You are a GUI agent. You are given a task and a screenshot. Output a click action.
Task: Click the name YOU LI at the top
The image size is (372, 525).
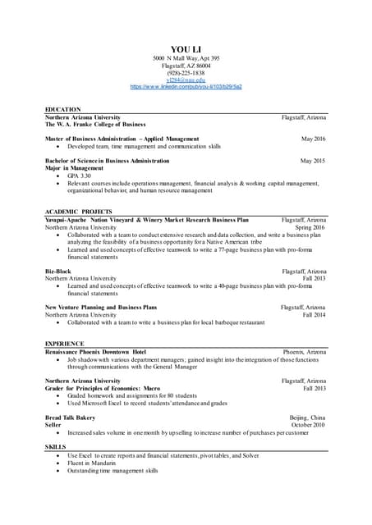185,51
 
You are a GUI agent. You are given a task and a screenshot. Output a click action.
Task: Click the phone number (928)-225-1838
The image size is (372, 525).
185,72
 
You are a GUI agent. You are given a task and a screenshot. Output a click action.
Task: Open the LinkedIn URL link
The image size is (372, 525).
186,86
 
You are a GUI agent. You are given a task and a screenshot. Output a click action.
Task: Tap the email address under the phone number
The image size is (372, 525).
185,80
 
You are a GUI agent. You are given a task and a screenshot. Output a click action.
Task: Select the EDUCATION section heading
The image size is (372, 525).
62,109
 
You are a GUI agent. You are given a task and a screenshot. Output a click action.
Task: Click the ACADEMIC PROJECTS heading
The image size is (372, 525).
78,212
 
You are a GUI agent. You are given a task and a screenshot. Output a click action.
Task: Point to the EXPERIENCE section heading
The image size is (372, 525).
64,343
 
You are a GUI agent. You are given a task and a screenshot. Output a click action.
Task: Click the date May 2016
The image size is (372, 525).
313,139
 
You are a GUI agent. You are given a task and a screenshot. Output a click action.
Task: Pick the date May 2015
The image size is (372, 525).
313,161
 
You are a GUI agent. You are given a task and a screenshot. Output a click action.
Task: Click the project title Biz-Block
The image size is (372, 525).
58,270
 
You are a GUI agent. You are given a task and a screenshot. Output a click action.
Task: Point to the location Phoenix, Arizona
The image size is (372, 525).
304,351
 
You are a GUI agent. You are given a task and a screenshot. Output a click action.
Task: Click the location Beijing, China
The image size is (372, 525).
307,417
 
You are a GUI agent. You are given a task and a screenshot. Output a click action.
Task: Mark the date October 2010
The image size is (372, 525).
308,424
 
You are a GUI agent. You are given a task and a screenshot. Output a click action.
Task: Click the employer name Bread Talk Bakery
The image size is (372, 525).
70,417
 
